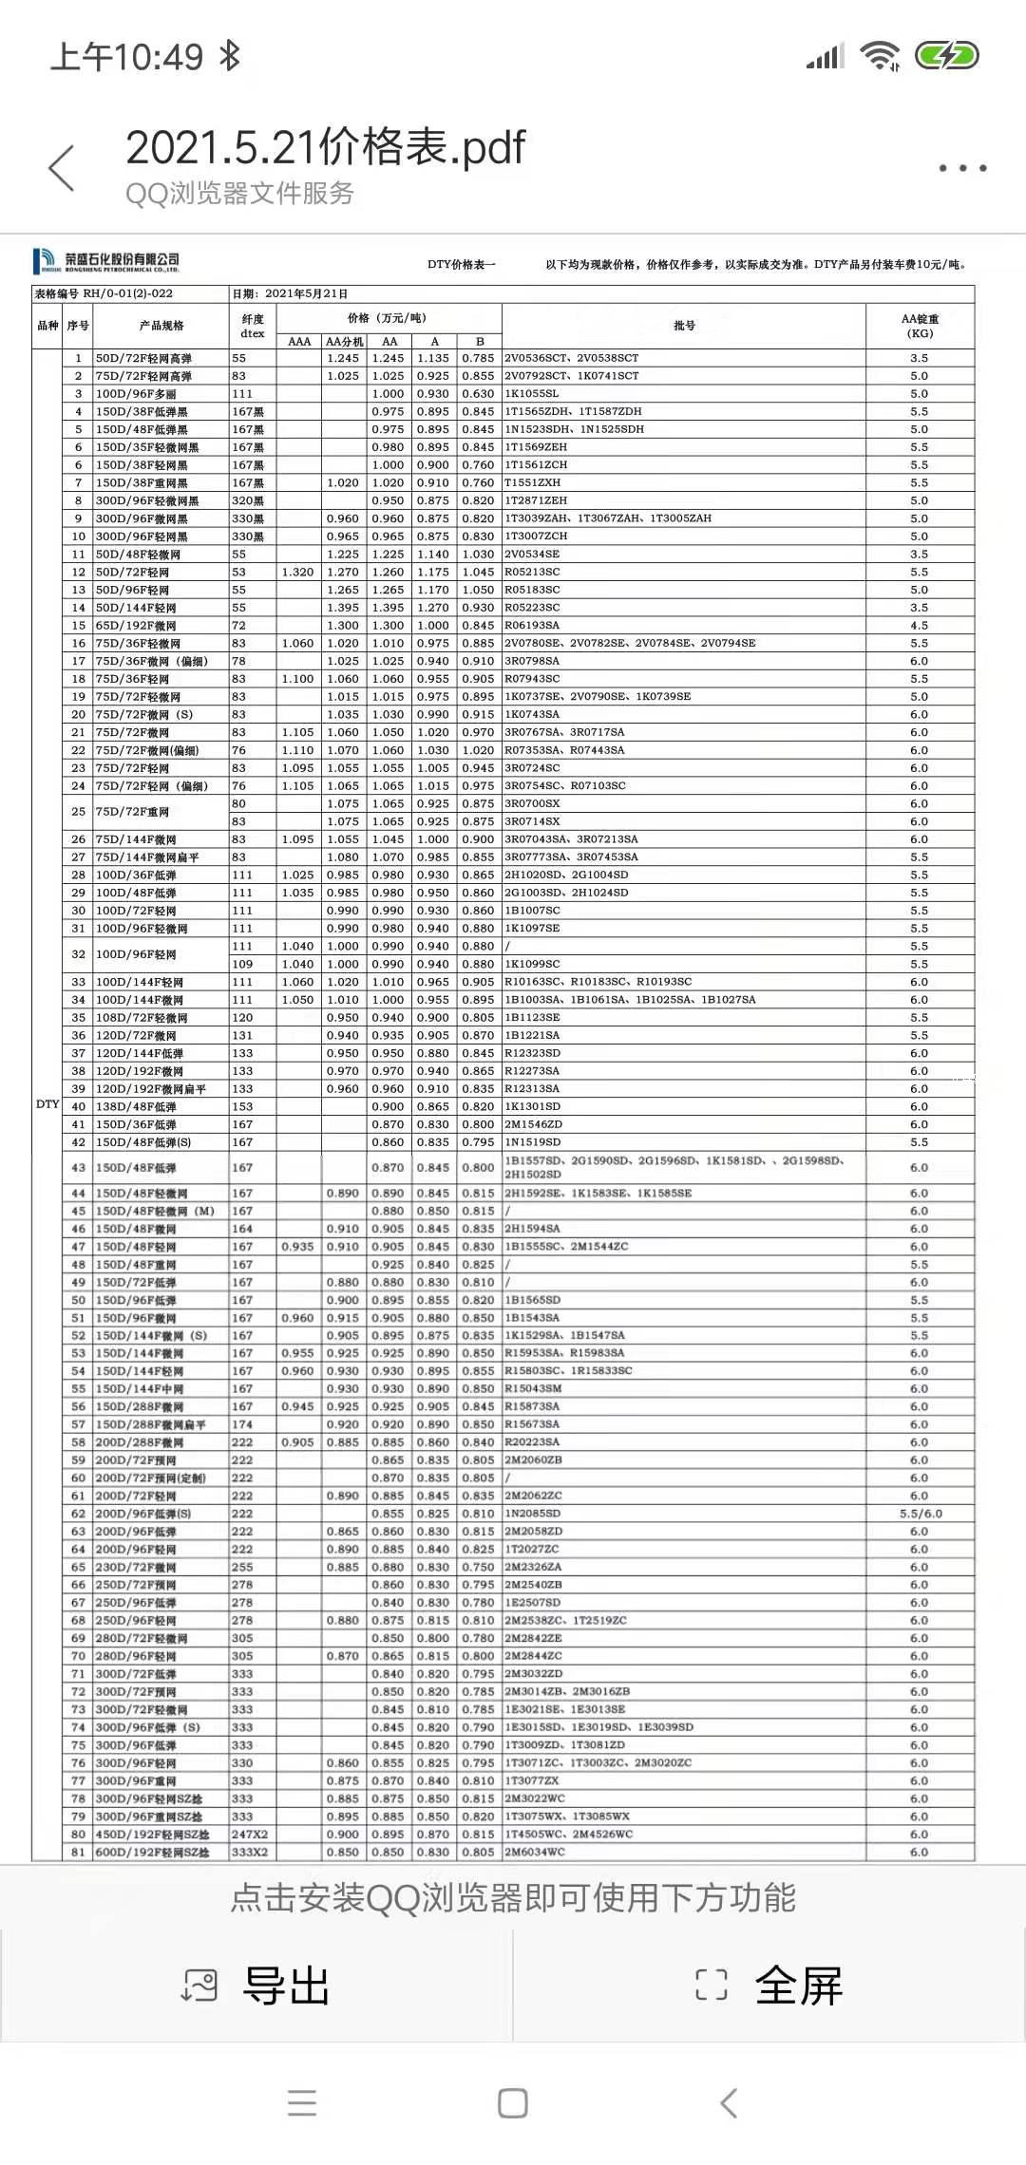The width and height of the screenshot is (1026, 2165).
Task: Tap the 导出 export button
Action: [x=256, y=1985]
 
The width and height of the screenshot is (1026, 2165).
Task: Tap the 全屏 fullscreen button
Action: [x=769, y=1985]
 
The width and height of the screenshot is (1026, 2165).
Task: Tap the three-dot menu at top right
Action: [x=963, y=168]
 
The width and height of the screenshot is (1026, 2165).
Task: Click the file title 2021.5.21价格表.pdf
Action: [x=325, y=147]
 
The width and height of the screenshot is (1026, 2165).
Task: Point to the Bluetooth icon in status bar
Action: [x=230, y=57]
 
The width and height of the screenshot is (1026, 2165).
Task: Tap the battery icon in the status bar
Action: [x=946, y=56]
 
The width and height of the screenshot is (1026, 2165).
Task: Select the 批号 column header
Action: [x=684, y=326]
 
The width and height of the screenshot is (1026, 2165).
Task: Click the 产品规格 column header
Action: [x=161, y=326]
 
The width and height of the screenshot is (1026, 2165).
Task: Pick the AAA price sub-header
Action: [x=299, y=342]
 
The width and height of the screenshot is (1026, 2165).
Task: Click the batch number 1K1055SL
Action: [x=532, y=394]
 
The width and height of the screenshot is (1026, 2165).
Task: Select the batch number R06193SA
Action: [x=532, y=626]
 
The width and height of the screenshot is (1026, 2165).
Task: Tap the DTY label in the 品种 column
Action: [x=47, y=1104]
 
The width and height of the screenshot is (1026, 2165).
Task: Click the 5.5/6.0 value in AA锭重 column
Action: [x=920, y=1514]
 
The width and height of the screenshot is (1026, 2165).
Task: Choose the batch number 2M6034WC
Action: [x=534, y=1853]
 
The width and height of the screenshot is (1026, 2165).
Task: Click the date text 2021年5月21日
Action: [x=306, y=294]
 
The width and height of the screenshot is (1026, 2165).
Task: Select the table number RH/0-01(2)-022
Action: [x=128, y=294]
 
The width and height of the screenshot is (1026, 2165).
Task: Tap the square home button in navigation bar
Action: [x=513, y=2103]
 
